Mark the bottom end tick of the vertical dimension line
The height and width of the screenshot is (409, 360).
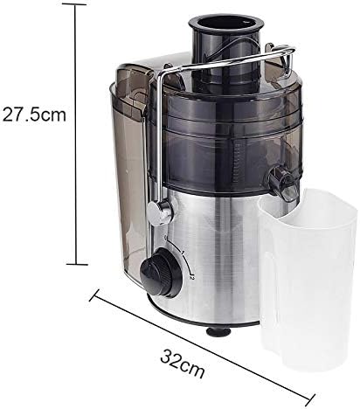click(x=77, y=263)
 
